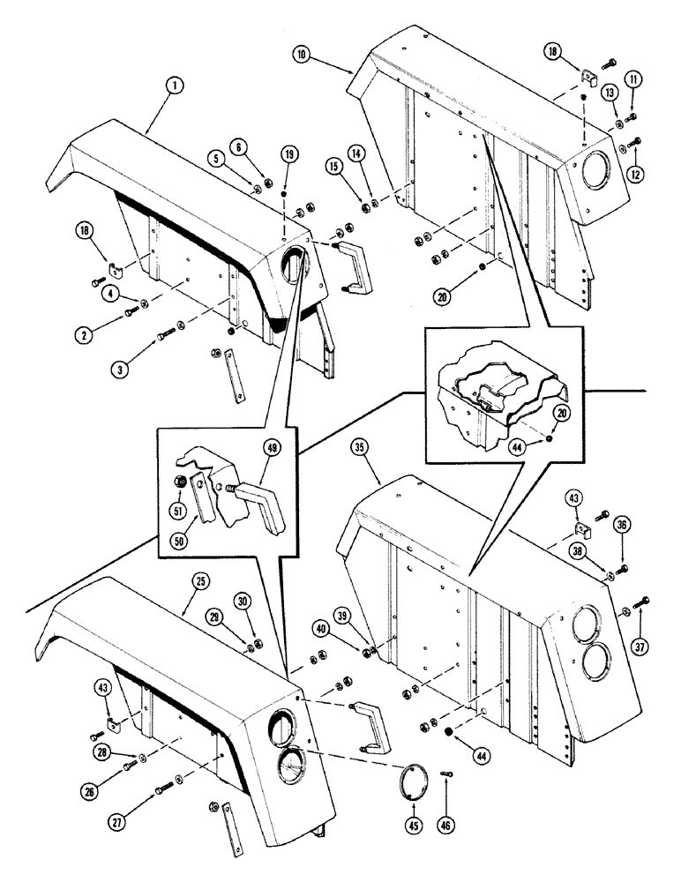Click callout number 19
tap(288, 154)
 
